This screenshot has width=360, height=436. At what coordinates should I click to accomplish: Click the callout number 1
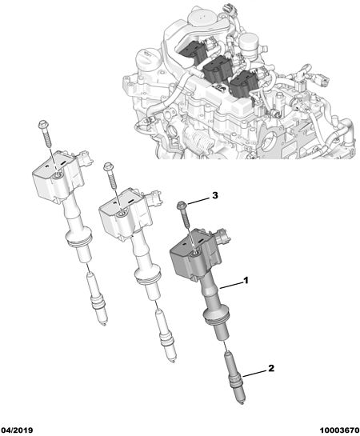[x=246, y=281]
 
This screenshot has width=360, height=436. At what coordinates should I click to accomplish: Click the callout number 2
[x=271, y=368]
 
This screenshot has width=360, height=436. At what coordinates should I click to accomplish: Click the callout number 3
[x=215, y=195]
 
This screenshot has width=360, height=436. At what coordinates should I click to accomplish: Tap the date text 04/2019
[x=17, y=430]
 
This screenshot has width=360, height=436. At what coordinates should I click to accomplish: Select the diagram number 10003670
[x=339, y=430]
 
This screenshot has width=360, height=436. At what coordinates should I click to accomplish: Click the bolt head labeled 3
[x=182, y=206]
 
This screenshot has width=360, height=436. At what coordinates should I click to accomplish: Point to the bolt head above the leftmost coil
[x=43, y=124]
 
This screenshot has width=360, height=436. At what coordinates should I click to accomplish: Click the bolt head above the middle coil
[x=107, y=166]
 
